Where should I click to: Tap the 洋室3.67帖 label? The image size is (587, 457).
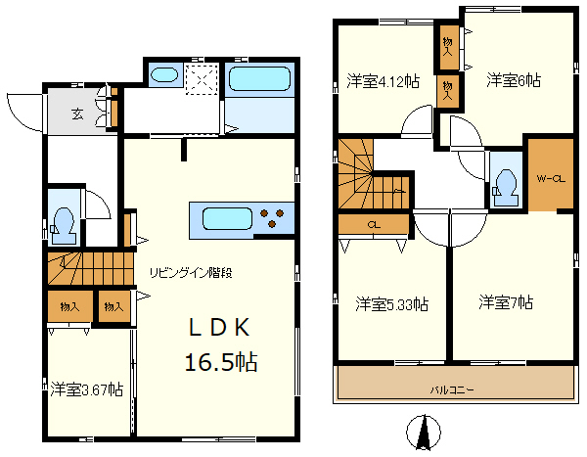pos(87,389)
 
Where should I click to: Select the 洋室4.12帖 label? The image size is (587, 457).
pos(383,81)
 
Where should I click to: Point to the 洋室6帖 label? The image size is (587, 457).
pos(514,80)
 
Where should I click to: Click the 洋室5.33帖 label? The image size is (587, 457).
pos(392,303)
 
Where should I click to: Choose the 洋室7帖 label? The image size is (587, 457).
pos(506,302)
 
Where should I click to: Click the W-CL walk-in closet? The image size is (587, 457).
pos(551,174)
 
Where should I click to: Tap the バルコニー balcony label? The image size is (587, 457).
pos(452,389)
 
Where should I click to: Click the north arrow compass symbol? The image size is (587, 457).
pos(424,432)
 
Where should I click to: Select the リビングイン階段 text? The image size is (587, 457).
pos(191,273)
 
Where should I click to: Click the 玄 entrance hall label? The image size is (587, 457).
pos(78,114)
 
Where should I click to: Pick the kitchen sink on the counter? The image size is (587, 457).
pos(227,219)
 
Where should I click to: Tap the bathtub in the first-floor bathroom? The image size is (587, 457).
pos(260,79)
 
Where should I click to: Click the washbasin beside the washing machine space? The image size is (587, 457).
pos(164,74)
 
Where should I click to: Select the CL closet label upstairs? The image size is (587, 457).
pos(374,225)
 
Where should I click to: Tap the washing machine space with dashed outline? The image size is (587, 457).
pos(203,80)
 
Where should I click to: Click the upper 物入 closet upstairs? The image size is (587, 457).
pos(448,46)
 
